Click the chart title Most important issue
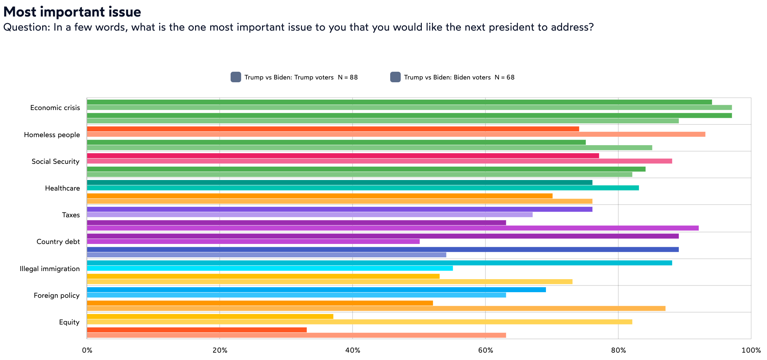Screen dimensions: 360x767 (x=72, y=12)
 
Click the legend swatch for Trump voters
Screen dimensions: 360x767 (x=236, y=77)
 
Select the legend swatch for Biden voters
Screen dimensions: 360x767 (x=395, y=77)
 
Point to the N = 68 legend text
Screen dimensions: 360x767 (x=504, y=77)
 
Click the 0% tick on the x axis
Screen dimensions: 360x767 (x=87, y=350)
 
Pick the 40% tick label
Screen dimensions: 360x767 (x=353, y=350)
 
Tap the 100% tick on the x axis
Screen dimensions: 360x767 (x=751, y=350)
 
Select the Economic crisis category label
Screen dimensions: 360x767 (x=55, y=108)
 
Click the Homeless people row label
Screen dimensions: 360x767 (x=52, y=135)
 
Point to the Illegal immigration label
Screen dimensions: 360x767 (x=50, y=269)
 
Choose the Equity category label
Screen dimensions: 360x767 (x=69, y=322)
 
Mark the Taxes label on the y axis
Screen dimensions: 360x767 (x=71, y=215)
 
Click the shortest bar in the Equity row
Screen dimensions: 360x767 (x=197, y=330)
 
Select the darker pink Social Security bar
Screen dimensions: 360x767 (x=343, y=156)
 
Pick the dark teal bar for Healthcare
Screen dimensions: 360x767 (x=340, y=182)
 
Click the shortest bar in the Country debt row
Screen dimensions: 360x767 (x=253, y=242)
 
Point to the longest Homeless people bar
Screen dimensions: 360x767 (x=396, y=134)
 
